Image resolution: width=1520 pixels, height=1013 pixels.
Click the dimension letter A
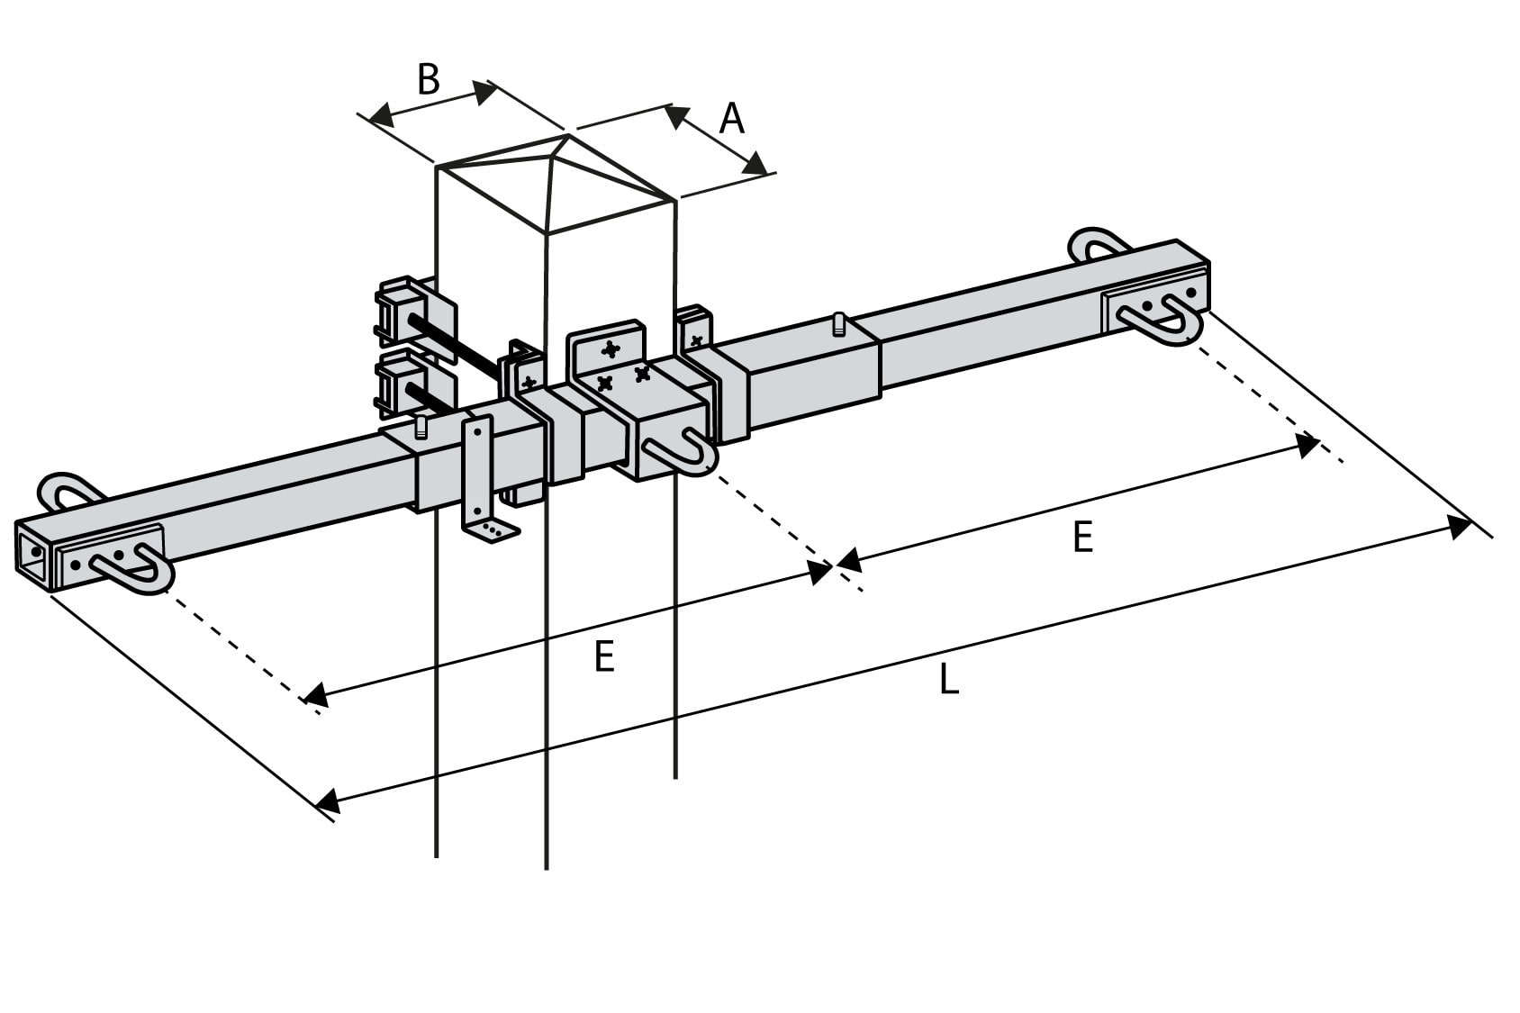(x=732, y=119)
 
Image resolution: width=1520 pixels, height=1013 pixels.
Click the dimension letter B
(x=429, y=79)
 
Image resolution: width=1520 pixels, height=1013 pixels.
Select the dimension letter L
(x=948, y=680)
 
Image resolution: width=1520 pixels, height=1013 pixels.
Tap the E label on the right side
(x=1082, y=538)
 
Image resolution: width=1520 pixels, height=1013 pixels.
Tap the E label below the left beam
(x=604, y=657)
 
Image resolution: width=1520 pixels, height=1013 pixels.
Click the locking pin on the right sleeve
(x=839, y=323)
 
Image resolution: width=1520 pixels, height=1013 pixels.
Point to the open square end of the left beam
(x=34, y=551)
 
